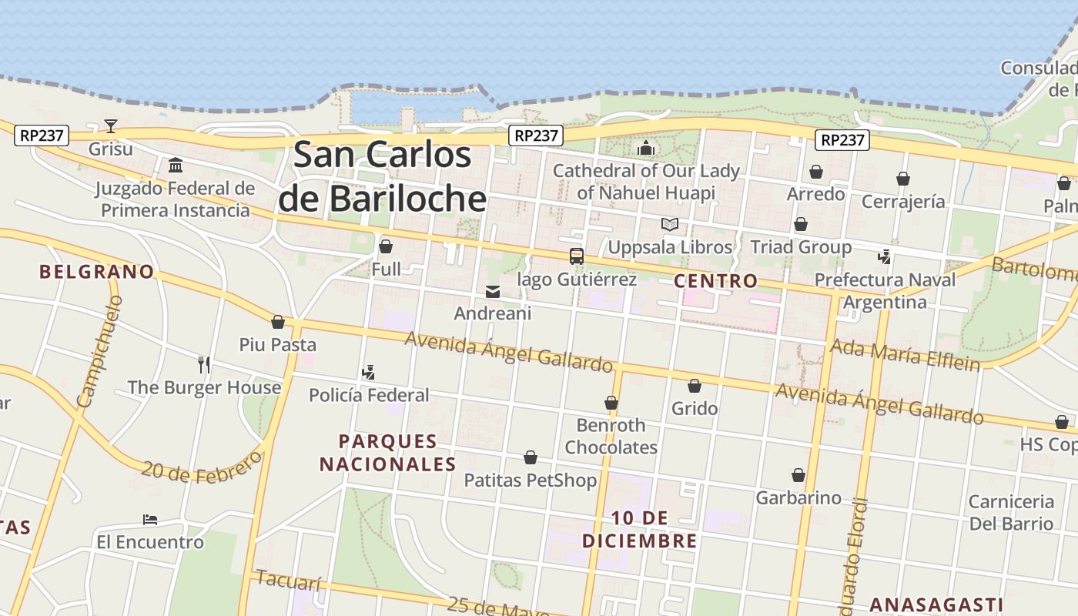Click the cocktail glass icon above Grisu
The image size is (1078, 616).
pyautogui.click(x=111, y=126)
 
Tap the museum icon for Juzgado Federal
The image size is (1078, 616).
pyautogui.click(x=176, y=165)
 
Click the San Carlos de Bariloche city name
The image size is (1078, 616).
pyautogui.click(x=383, y=176)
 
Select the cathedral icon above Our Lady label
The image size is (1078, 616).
pyautogui.click(x=645, y=148)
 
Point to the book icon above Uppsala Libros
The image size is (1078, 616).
pyautogui.click(x=670, y=224)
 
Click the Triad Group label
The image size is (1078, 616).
pyautogui.click(x=801, y=247)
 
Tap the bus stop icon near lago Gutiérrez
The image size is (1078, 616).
pyautogui.click(x=576, y=256)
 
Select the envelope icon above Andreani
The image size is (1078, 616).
pyautogui.click(x=493, y=292)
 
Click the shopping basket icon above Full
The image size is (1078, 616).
pyautogui.click(x=386, y=246)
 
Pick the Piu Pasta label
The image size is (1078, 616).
pyautogui.click(x=277, y=344)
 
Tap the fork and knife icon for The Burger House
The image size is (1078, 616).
pyautogui.click(x=204, y=364)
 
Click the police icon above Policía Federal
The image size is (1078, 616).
pyautogui.click(x=368, y=373)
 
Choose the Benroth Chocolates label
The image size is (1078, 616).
pyautogui.click(x=611, y=436)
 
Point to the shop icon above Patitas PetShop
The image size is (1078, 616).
pyautogui.click(x=531, y=458)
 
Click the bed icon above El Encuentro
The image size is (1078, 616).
pyautogui.click(x=150, y=520)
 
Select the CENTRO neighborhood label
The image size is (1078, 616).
pyautogui.click(x=715, y=281)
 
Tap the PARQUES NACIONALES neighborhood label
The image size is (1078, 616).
pyautogui.click(x=388, y=453)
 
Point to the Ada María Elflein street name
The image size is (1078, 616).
pyautogui.click(x=904, y=355)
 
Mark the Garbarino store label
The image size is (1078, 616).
pyautogui.click(x=798, y=497)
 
